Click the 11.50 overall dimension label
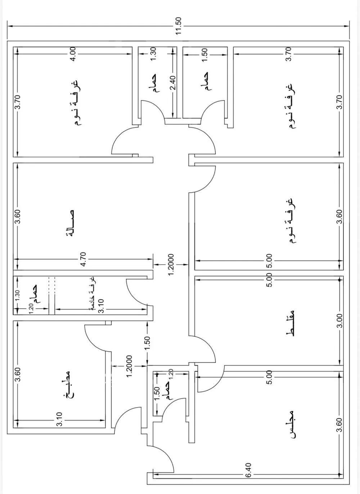click(178, 26)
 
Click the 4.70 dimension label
click(84, 259)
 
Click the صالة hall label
click(70, 223)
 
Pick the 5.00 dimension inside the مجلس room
click(269, 377)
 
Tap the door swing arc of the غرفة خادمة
click(137, 292)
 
